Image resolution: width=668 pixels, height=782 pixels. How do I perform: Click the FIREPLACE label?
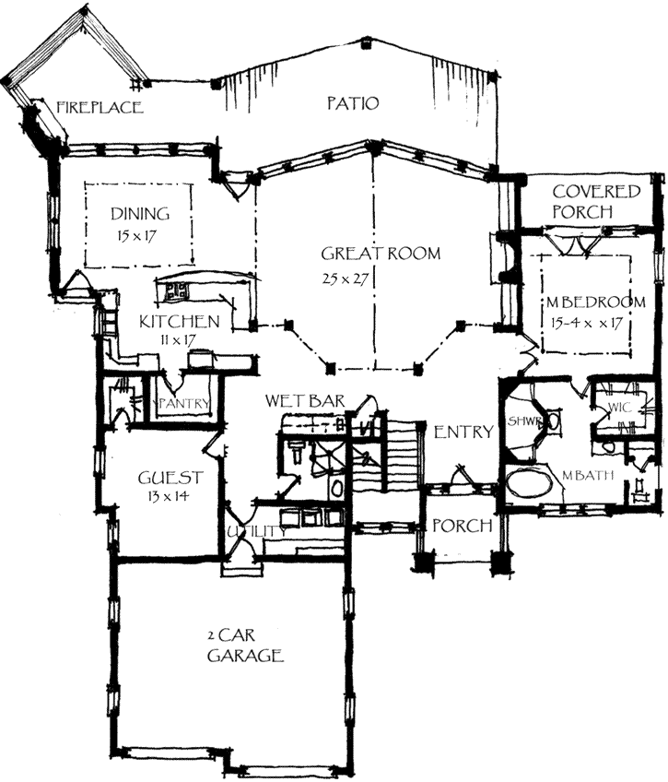click(100, 107)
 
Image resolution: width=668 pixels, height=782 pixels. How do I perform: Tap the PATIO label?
click(353, 102)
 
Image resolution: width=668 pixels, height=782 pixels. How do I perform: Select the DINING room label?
click(140, 214)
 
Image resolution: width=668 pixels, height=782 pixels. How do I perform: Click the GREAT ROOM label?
click(381, 254)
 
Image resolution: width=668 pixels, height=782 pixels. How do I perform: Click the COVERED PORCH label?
click(595, 202)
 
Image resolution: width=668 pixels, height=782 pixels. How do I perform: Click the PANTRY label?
click(186, 404)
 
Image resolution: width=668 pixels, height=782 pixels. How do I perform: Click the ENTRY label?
click(464, 432)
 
